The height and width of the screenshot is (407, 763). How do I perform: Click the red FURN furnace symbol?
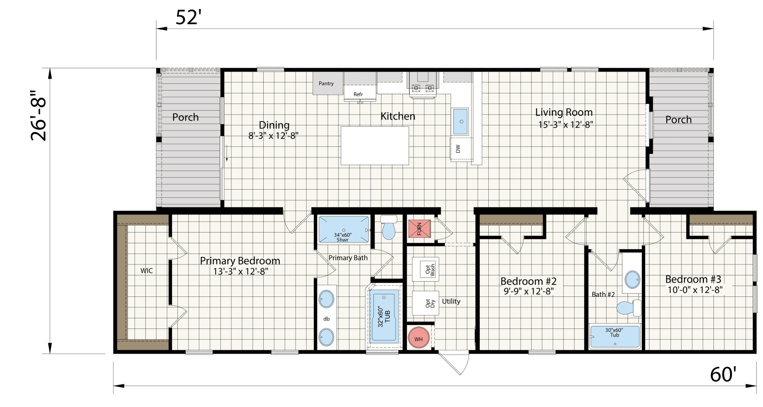coord(419,229)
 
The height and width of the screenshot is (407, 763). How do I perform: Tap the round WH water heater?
coord(419,338)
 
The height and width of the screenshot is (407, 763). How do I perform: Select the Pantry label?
coord(326,83)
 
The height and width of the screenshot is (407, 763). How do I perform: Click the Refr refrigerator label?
coord(358,94)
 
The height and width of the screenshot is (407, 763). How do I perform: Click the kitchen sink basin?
coord(461,122)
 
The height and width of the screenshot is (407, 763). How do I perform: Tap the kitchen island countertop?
coord(375,146)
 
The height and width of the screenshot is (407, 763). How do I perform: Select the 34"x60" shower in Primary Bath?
coord(343,230)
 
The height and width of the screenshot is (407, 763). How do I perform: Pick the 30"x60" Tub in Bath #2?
coord(615,336)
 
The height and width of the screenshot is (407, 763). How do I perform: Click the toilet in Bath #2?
coord(629,307)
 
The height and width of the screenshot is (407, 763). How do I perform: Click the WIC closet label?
coord(147,271)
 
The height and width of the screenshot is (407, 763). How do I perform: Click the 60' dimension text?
coord(723,375)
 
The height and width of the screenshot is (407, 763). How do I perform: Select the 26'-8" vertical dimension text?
coord(39,115)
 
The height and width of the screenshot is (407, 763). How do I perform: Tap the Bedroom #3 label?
coord(693,279)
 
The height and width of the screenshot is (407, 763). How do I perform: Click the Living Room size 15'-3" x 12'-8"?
coord(566,125)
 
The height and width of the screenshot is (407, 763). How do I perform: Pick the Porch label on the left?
coord(186,117)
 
